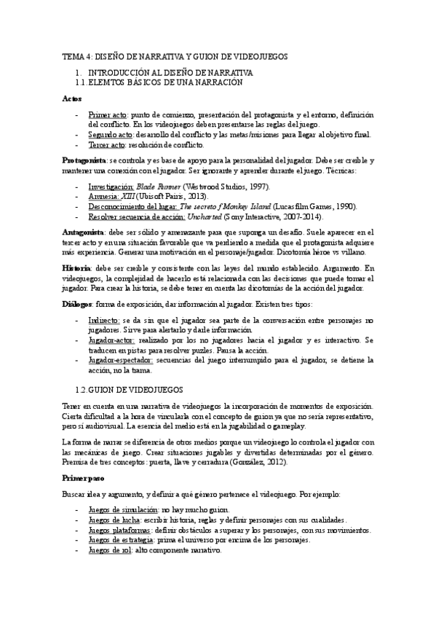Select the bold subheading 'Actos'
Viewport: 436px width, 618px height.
tap(71, 98)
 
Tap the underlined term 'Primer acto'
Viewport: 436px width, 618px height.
tap(108, 115)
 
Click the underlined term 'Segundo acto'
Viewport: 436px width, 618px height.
tap(111, 135)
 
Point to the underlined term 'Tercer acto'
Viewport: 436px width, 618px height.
tap(107, 145)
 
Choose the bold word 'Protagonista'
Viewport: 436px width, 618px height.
tap(84, 160)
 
